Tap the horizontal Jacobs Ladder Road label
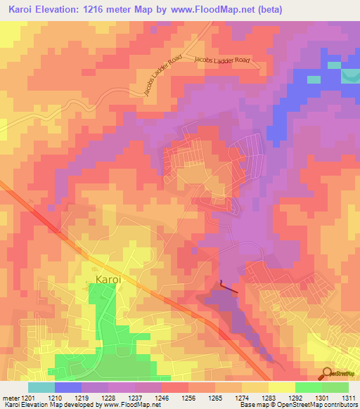(x=223, y=61)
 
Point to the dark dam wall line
(x=229, y=287)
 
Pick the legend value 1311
(x=349, y=397)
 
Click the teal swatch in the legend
(x=41, y=387)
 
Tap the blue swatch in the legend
(x=68, y=387)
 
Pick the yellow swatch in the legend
(x=281, y=387)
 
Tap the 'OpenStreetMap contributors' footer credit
(x=317, y=405)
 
